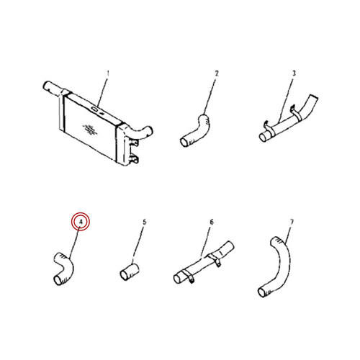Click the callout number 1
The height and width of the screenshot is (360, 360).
[x=108, y=73]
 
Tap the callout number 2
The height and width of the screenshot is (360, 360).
[x=217, y=73]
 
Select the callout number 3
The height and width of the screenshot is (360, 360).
[x=294, y=73]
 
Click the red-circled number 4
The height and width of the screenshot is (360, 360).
[x=81, y=222]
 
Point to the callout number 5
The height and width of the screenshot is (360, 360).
[x=144, y=222]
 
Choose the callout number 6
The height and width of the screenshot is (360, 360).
[x=212, y=222]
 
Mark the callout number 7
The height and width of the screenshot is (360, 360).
[x=292, y=222]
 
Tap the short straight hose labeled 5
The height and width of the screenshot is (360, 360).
[x=130, y=271]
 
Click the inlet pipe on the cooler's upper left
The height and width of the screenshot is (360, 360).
[x=54, y=89]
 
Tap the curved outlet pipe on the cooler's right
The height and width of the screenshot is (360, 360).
[x=142, y=132]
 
